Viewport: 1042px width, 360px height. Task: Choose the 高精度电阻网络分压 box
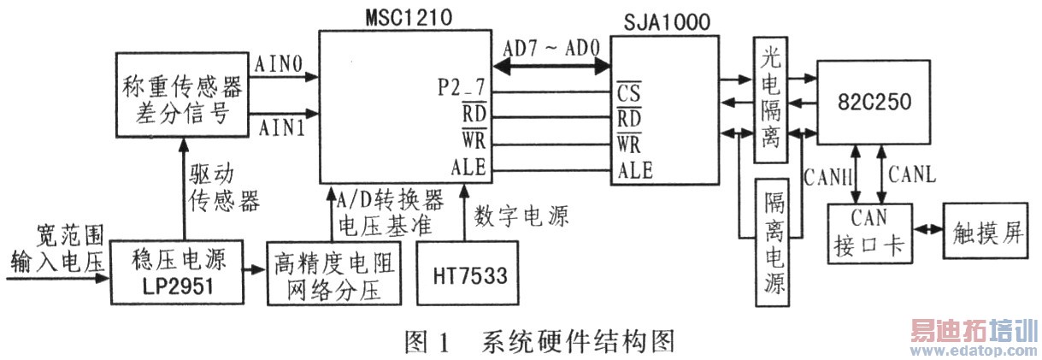point(334,274)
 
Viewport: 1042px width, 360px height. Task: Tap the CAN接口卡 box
point(869,235)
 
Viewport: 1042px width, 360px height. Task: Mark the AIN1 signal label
point(279,128)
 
